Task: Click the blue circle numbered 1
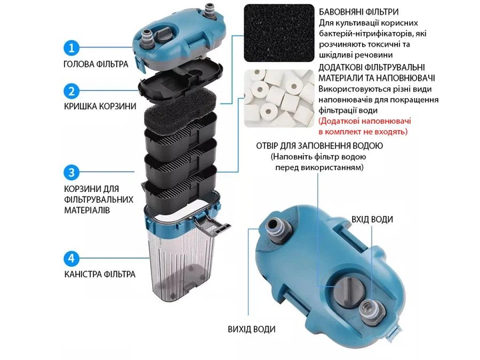[x=71, y=48]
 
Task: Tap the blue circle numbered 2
[x=71, y=91]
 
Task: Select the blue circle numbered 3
[x=71, y=173]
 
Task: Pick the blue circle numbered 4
[x=71, y=259]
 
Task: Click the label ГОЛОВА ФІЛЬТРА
[x=96, y=64]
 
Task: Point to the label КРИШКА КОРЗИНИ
[x=100, y=106]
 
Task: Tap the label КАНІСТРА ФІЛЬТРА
[x=100, y=274]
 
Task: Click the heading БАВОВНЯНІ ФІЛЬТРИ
[x=359, y=12]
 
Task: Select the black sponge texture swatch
[x=279, y=33]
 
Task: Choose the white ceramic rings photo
[x=279, y=98]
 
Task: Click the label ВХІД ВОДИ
[x=372, y=219]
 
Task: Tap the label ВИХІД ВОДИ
[x=251, y=329]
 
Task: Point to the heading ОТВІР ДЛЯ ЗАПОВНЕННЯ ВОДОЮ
[x=319, y=146]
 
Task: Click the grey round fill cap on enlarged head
[x=348, y=289]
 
